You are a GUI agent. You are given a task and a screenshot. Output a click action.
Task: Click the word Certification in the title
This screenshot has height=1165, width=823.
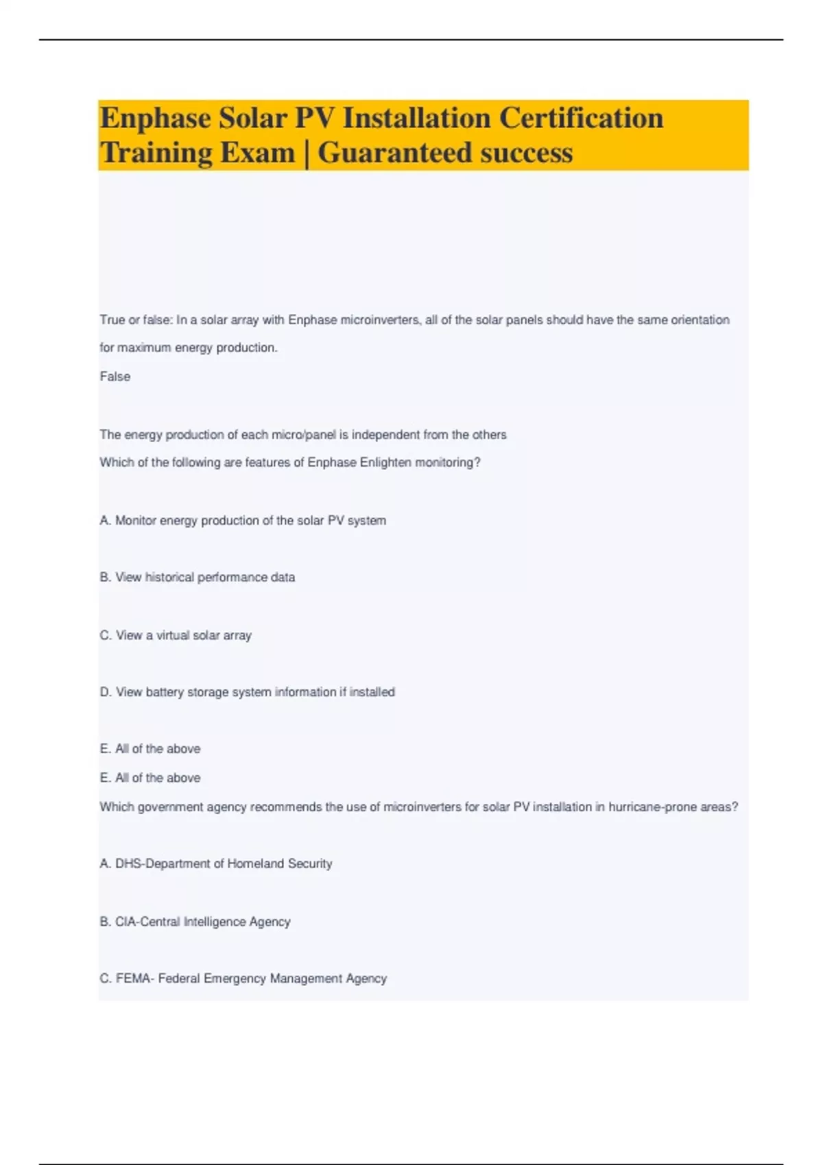point(581,119)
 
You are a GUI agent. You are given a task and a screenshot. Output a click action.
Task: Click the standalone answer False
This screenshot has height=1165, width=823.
point(115,376)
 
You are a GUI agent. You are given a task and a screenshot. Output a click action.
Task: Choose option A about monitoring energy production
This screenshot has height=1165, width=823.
point(243,521)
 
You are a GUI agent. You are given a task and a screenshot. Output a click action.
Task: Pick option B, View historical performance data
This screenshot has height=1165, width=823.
point(198,578)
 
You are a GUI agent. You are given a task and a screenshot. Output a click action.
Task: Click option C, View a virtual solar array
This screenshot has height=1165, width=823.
point(176,635)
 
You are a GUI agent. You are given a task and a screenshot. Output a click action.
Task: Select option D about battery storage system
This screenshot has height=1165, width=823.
point(247,692)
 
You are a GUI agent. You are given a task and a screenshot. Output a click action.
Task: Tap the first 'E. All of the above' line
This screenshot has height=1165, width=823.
point(150,749)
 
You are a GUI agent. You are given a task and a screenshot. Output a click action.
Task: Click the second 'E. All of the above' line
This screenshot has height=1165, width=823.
point(150,778)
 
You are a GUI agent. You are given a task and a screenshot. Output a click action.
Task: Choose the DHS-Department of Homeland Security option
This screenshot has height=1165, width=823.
point(216,864)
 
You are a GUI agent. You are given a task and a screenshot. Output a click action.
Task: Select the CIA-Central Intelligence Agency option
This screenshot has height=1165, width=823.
point(195,922)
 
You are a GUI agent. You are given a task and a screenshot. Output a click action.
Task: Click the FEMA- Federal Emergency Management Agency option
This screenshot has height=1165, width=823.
point(243,979)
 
